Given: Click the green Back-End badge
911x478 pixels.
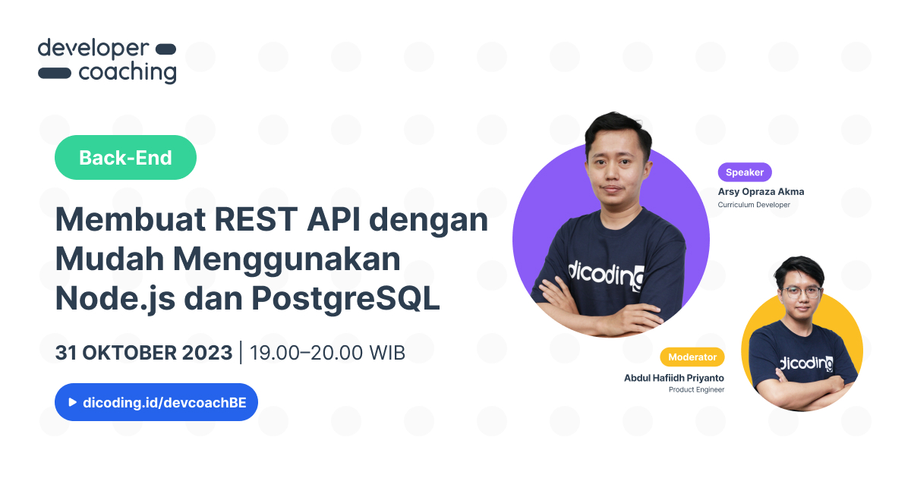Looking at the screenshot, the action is [125, 157].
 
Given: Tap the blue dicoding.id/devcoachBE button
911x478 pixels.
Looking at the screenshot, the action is [156, 402].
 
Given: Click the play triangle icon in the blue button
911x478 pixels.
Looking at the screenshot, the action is [72, 402].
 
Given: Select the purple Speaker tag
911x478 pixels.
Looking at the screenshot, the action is [745, 172].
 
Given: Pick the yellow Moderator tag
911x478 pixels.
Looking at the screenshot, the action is [692, 357].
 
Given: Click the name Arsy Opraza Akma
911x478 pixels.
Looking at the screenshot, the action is [761, 191].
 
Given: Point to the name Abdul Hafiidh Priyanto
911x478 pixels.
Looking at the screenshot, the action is [674, 378].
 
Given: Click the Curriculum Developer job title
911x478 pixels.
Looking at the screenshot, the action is [754, 205].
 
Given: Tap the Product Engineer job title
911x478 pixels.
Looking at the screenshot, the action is [696, 389].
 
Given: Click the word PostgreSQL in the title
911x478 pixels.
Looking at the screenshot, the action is [345, 299].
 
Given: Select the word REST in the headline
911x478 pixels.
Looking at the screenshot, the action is [256, 219].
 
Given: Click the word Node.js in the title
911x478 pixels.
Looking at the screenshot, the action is [115, 299].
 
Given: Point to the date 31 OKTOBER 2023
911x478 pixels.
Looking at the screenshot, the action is [143, 352].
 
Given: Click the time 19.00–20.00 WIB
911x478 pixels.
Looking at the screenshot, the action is [327, 352].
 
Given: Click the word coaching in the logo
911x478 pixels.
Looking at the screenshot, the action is [128, 73].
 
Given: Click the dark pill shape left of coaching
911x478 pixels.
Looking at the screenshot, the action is [55, 73].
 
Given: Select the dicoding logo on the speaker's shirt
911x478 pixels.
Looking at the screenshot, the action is [606, 275].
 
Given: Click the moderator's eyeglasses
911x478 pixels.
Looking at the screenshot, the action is [801, 292].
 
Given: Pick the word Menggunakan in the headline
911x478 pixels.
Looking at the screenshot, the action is [287, 259].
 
